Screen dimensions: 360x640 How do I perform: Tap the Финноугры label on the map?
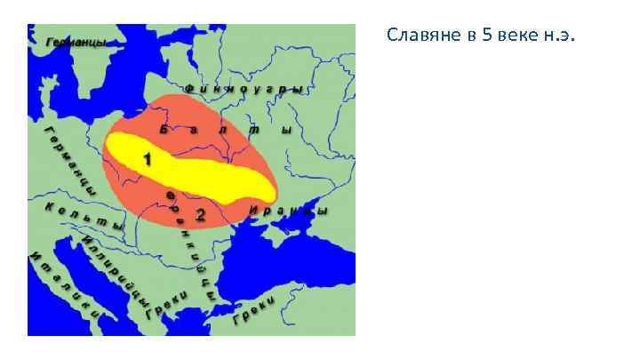coord(244,89)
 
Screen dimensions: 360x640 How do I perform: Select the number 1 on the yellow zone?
coord(147,158)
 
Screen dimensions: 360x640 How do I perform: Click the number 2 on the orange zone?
coord(200,214)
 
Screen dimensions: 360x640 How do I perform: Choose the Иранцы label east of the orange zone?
coord(288,212)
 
